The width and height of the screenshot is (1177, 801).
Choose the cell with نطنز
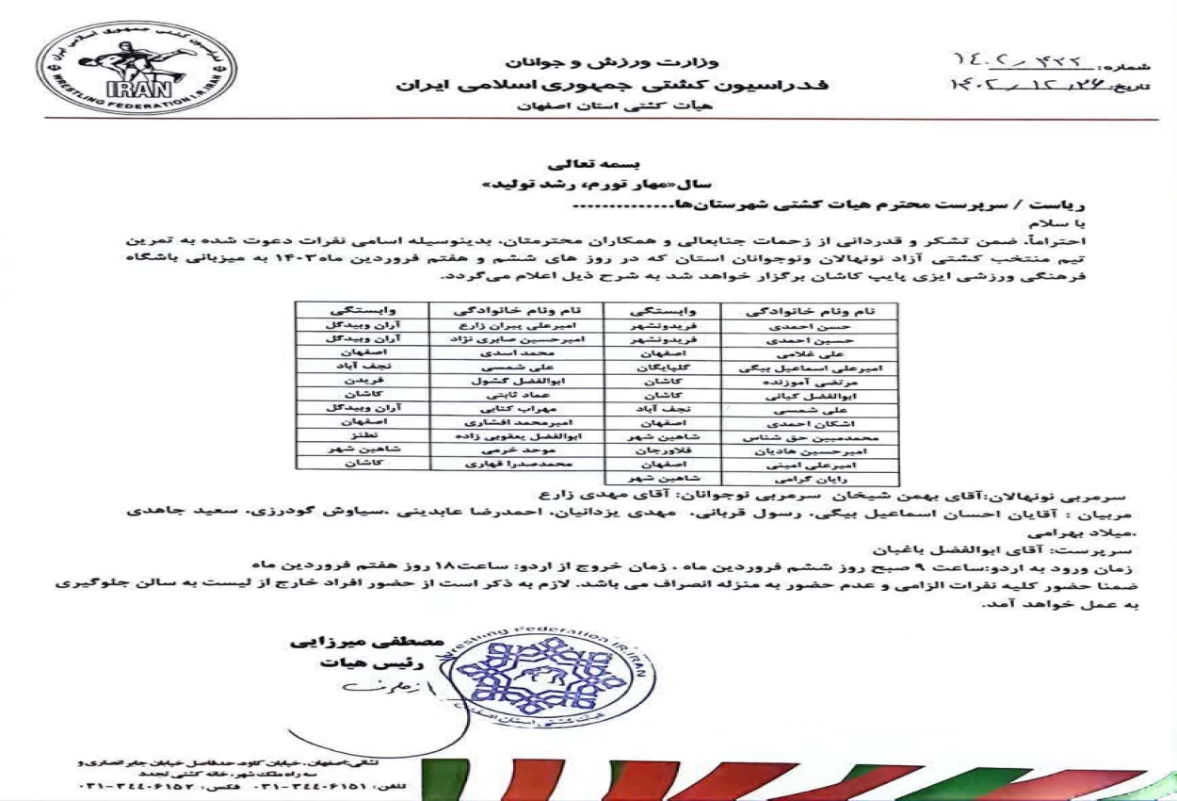coord(363,436)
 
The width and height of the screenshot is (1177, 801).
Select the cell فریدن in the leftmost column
coord(363,380)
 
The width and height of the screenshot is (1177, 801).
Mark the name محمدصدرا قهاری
coord(516,464)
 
